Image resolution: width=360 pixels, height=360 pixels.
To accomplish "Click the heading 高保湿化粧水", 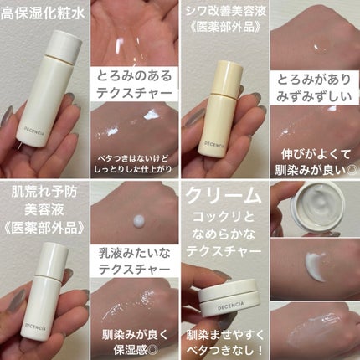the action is (43, 13).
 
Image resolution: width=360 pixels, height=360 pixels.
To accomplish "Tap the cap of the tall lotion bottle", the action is (64, 45).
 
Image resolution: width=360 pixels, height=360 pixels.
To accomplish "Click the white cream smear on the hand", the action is (316, 266).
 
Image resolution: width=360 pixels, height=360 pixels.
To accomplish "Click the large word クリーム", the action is (224, 195).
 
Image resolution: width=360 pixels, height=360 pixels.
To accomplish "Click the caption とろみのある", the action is (135, 76).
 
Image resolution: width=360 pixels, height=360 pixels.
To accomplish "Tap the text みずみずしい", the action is (314, 96).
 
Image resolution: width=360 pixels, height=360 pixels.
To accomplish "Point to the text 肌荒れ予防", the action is (44, 193).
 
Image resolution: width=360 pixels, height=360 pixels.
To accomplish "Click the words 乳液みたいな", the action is (135, 254).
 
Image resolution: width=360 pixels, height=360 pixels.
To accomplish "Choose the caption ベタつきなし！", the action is (225, 349).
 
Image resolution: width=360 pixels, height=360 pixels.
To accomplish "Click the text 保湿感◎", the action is (134, 349).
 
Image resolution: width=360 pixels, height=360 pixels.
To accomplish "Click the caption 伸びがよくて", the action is (316, 154).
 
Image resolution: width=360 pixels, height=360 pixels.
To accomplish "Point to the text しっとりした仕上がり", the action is (133, 170).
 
